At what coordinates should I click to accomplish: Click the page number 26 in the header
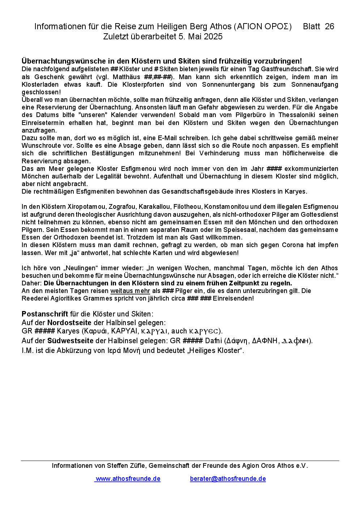[x=329, y=26]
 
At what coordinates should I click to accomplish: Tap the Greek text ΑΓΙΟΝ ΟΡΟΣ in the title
[x=263, y=26]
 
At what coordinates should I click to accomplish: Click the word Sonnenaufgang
[x=314, y=85]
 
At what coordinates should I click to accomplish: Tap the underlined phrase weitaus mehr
[x=130, y=291]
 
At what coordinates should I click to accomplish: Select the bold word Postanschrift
[x=45, y=314]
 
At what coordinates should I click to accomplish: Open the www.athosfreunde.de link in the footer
[x=128, y=479]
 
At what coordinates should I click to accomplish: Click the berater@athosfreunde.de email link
[x=228, y=479]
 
